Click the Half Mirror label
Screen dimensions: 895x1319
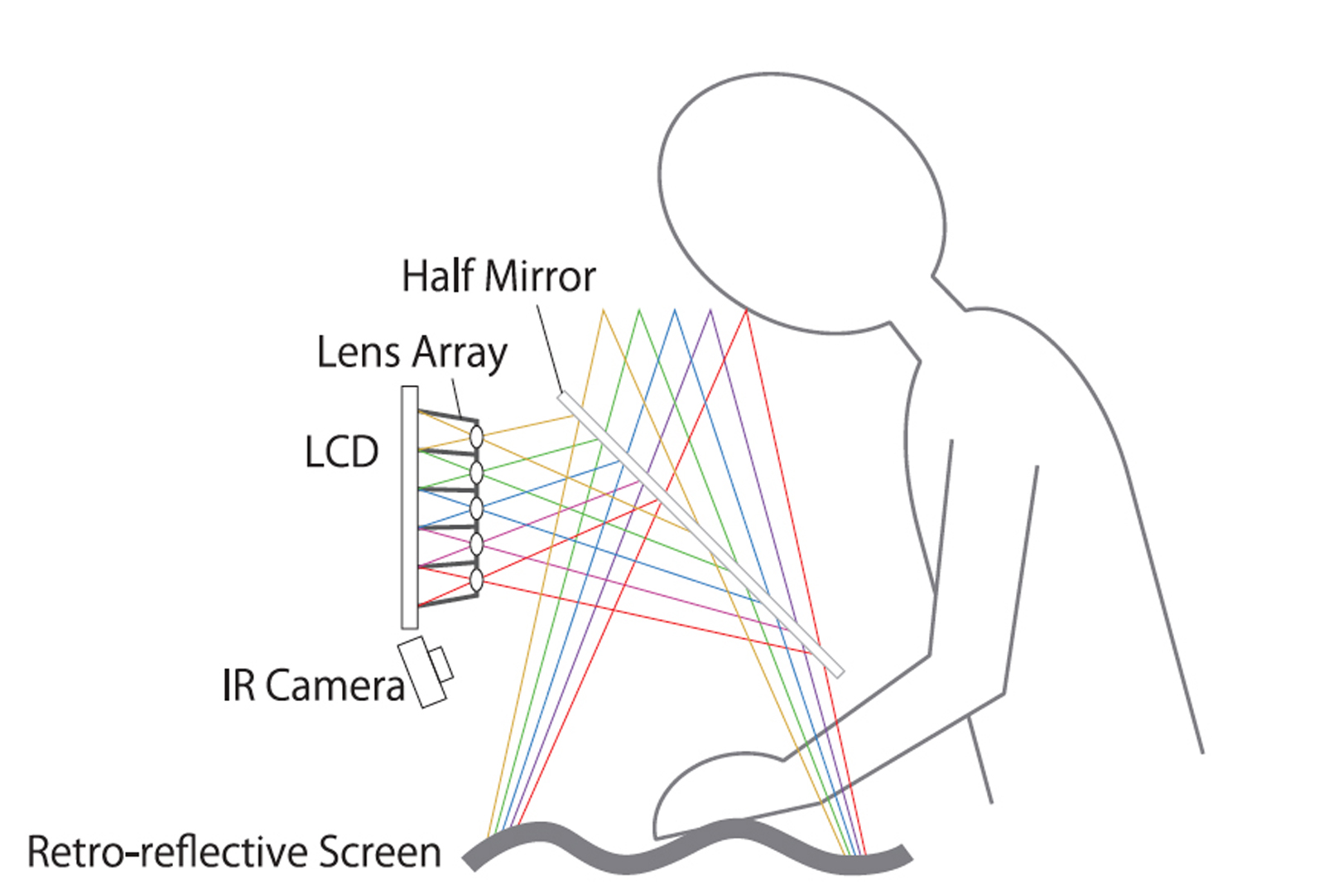click(498, 276)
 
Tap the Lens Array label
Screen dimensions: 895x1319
click(412, 352)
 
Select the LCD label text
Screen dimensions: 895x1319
click(341, 452)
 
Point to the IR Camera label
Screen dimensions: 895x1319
click(313, 685)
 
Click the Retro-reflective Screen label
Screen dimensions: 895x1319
click(234, 852)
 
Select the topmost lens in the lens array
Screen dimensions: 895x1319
click(476, 436)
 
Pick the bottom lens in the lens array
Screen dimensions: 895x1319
click(476, 579)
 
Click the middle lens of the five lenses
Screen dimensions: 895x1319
click(476, 507)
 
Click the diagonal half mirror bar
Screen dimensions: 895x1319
click(700, 534)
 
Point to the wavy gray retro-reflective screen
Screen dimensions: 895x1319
click(687, 845)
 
